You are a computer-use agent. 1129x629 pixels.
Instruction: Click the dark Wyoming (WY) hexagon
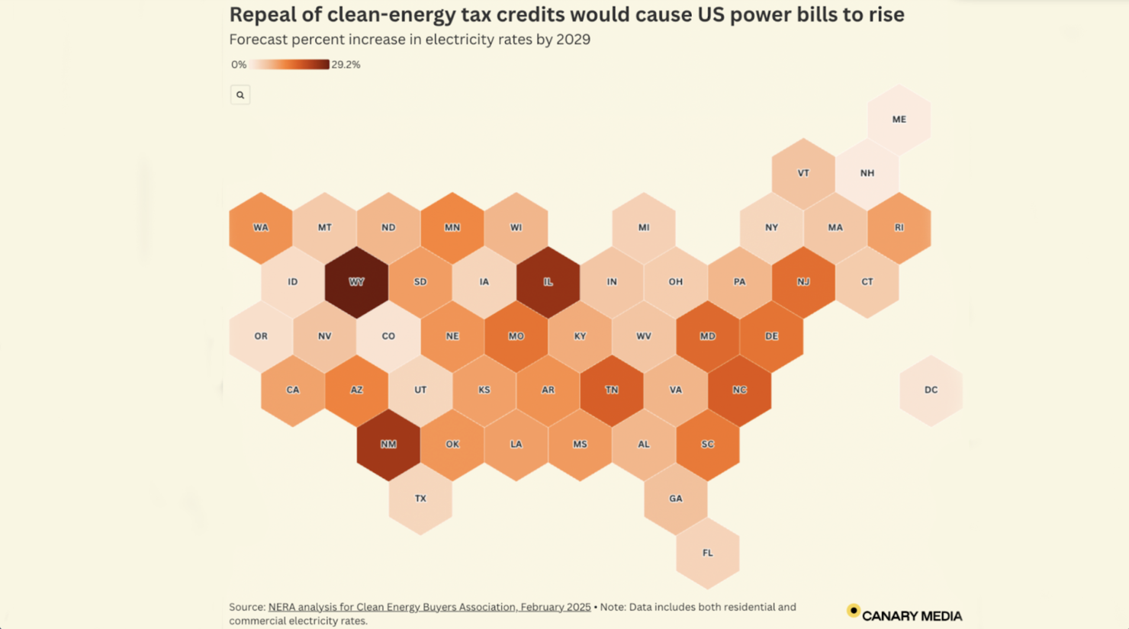coord(356,282)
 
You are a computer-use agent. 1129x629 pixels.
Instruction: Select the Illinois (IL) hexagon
coord(548,282)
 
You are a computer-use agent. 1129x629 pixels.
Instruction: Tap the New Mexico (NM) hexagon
coord(388,444)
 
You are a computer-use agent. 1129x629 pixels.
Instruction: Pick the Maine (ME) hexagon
coord(899,120)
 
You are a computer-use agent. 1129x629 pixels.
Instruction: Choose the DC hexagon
coord(931,390)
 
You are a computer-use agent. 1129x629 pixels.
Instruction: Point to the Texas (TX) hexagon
coord(420,499)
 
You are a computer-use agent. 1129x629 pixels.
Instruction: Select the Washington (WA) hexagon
coord(261,228)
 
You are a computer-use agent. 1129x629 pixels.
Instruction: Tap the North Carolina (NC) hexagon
coord(739,390)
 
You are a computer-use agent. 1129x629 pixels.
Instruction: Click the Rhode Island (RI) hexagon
coord(899,228)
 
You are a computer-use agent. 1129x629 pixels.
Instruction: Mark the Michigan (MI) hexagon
coord(644,228)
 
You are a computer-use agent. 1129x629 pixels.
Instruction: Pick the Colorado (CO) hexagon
coord(388,336)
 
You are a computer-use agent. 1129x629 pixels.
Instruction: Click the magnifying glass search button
coord(240,95)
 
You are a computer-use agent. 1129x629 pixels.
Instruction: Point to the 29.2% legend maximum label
coord(346,65)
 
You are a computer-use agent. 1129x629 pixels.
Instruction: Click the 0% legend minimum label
coord(239,65)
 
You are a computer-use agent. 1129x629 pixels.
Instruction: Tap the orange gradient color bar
coord(290,65)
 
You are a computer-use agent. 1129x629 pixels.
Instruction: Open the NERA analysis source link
coord(429,607)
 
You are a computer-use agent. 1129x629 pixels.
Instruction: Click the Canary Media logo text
coord(912,616)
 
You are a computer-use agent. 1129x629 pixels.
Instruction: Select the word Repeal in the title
coord(259,15)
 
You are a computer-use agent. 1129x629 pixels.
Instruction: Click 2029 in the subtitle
coord(573,40)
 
